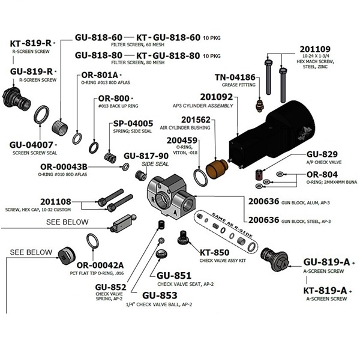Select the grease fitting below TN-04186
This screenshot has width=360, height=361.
point(259,106)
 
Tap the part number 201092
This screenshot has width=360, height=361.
point(217,97)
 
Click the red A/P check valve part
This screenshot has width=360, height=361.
point(259,174)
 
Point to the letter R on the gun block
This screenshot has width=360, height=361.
point(153,199)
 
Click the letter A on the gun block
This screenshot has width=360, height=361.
point(175,213)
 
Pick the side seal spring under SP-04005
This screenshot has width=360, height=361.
point(110,158)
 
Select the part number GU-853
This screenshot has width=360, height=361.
point(160,296)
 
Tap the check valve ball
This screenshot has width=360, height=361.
point(161,240)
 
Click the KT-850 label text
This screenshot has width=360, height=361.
point(214,252)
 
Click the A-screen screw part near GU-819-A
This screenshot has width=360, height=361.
point(275,259)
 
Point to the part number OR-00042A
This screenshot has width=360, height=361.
point(100,265)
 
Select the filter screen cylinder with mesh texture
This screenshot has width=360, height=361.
point(59,127)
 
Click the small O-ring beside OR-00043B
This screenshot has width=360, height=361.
point(125,167)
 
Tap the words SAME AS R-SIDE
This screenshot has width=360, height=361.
point(232,225)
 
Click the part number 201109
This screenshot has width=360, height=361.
point(315,49)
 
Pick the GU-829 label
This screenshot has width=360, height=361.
point(322,154)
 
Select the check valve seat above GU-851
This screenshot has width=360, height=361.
point(161,253)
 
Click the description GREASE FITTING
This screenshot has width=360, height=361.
point(239,85)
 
